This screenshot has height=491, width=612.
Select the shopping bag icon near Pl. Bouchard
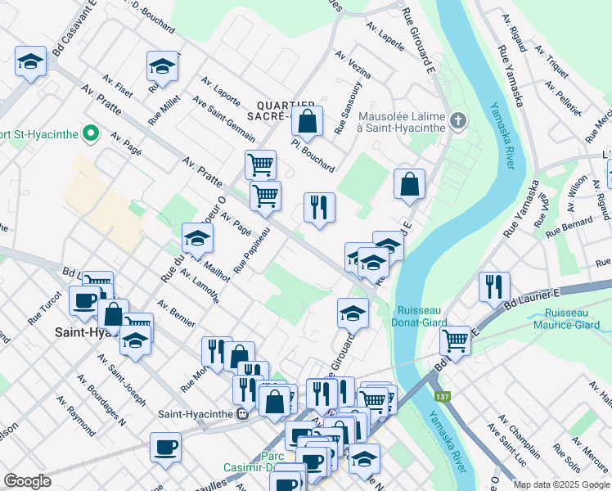pyautogui.click(x=307, y=123)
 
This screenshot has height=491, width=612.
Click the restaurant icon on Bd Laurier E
pyautogui.click(x=494, y=287)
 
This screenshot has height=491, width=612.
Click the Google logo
pyautogui.click(x=27, y=481)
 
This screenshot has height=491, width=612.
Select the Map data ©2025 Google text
pyautogui.click(x=561, y=484)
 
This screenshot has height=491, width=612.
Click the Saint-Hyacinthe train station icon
pyautogui.click(x=243, y=414)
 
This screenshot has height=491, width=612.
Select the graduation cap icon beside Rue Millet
pyautogui.click(x=162, y=69)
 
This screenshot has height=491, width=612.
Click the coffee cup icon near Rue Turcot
pyautogui.click(x=84, y=301)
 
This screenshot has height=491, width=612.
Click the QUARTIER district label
pyautogui.click(x=286, y=106)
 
